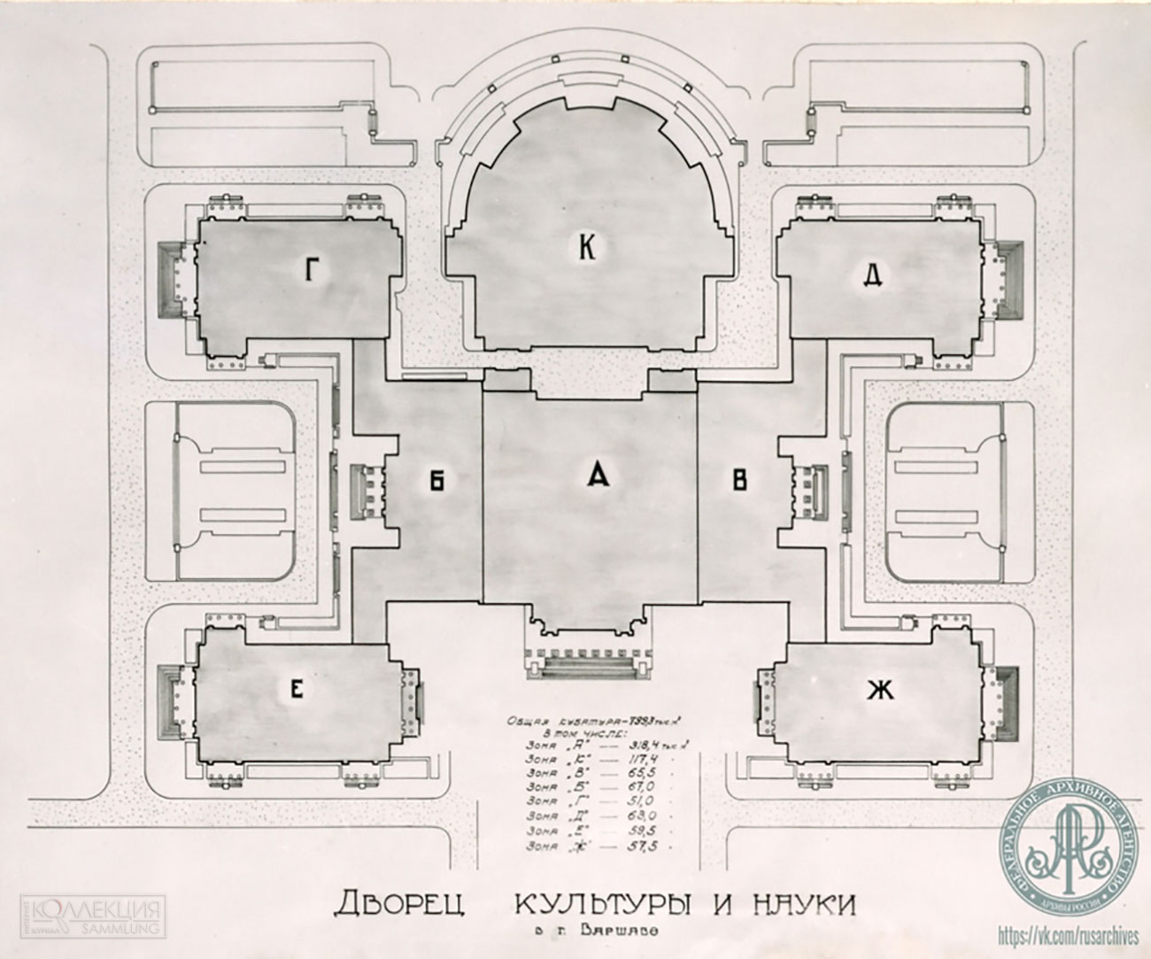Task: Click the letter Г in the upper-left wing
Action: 309,271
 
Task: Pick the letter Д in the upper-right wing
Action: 871,276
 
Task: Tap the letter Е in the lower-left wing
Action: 297,692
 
